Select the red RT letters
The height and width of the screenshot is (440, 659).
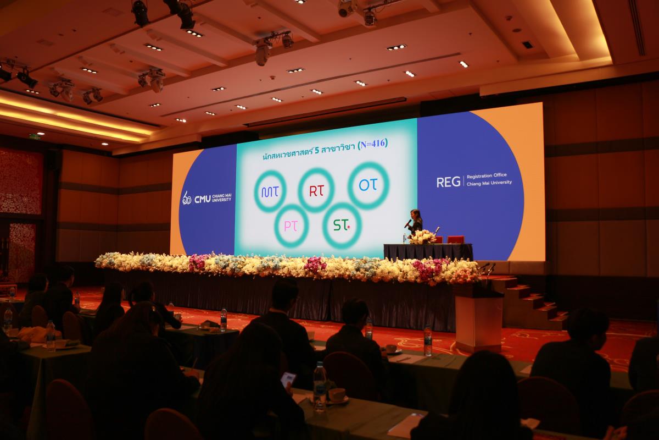(x=316, y=191)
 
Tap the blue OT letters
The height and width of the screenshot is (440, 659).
(x=368, y=185)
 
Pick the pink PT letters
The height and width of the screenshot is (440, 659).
(x=291, y=226)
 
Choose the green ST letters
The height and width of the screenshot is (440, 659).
(x=341, y=225)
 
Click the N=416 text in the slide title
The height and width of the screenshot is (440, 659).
(x=372, y=144)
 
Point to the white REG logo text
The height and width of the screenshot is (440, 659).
(x=448, y=182)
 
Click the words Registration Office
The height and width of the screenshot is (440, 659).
(x=487, y=176)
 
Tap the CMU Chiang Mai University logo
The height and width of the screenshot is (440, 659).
(x=206, y=198)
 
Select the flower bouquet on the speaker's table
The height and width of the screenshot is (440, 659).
(x=422, y=237)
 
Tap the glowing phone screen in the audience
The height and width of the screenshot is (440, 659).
(x=288, y=380)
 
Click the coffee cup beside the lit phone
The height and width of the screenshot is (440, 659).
(x=337, y=395)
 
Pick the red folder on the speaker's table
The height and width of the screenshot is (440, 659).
(x=455, y=239)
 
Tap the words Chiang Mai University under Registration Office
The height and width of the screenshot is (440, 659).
(x=489, y=183)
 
